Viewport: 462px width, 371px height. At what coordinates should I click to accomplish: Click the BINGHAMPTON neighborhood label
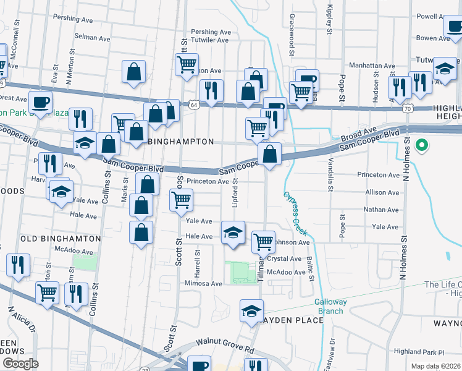pos(182,142)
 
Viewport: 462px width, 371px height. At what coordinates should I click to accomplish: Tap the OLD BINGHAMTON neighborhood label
pos(61,238)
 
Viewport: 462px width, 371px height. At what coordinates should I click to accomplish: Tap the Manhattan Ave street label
pos(373,66)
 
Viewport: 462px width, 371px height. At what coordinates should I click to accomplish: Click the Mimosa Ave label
pos(203,284)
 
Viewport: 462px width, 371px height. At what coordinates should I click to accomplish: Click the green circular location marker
pos(422,146)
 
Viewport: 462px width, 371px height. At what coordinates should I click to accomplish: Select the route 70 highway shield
pos(406,108)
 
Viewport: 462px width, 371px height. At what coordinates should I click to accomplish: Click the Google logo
pos(20,364)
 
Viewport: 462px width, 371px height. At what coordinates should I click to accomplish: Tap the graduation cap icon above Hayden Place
pos(252,311)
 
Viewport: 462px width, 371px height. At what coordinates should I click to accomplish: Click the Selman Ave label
pos(92,38)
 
